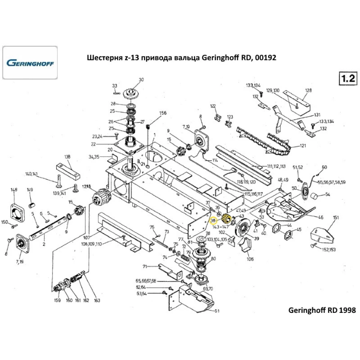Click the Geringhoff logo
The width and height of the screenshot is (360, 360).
point(30,63)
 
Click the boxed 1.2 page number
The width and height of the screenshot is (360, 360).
point(347,79)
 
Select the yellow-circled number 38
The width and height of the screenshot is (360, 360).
point(213,220)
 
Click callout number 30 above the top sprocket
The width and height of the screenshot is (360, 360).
point(141,80)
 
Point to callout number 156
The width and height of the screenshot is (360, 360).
point(163,113)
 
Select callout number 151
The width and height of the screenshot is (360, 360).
point(336,217)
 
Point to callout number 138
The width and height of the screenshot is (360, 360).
point(67,157)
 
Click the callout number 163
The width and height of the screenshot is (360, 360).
point(97,301)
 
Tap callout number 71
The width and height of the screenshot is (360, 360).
point(145,266)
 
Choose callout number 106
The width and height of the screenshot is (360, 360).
point(250,258)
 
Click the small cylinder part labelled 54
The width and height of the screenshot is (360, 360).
point(316,196)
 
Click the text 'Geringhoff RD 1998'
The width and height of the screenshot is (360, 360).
point(322,310)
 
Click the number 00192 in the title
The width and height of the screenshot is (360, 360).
point(264,58)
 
